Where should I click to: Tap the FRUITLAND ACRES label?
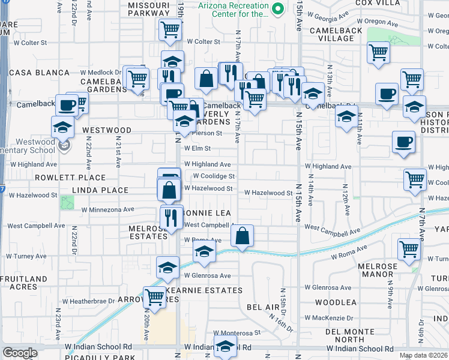point(24,283)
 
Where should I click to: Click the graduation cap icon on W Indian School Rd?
point(226,347)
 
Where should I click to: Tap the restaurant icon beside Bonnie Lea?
point(171,217)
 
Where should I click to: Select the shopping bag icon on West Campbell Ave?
point(242,236)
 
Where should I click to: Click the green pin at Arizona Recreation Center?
point(277,9)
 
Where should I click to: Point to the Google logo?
point(20,353)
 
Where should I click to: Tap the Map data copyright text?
point(423,355)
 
